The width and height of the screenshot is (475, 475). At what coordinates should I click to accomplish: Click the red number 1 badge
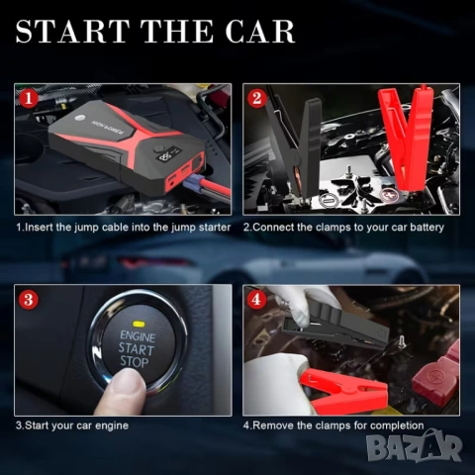pyautogui.click(x=29, y=98)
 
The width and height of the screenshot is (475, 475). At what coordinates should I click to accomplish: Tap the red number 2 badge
pyautogui.click(x=257, y=98)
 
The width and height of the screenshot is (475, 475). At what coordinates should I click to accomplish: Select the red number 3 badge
pyautogui.click(x=29, y=300)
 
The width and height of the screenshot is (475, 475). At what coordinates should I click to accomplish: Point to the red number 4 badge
pyautogui.click(x=256, y=300)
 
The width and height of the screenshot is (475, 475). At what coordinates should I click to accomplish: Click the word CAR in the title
pyautogui.click(x=260, y=32)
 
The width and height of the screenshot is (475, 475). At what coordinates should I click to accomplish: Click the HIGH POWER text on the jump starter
pyautogui.click(x=108, y=128)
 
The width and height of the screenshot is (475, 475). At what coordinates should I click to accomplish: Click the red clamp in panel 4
pyautogui.click(x=343, y=389)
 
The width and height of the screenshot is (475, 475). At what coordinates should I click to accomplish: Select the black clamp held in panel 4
pyautogui.click(x=333, y=327)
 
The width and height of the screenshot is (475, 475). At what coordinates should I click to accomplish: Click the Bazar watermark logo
pyautogui.click(x=415, y=447)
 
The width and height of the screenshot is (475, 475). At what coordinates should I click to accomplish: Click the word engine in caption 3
pyautogui.click(x=112, y=426)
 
